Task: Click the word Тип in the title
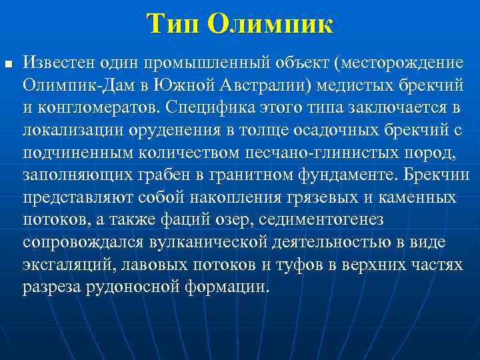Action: point(175,25)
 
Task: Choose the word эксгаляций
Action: point(69,265)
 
